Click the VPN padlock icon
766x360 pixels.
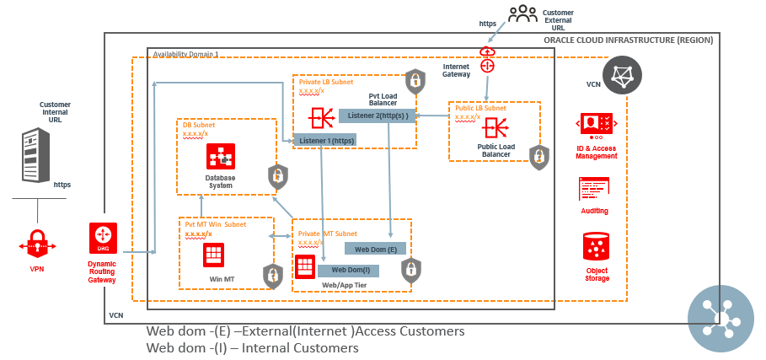[x=36, y=245]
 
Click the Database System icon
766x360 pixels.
[x=220, y=157]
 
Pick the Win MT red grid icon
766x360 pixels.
[x=213, y=254]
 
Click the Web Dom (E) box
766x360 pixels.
[x=376, y=249]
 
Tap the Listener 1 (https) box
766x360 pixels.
[x=324, y=140]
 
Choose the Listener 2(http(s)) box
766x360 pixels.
[x=377, y=116]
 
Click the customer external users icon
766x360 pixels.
[x=522, y=13]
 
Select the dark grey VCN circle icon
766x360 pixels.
[x=622, y=75]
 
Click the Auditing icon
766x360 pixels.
[x=594, y=190]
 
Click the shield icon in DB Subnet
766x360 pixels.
[x=277, y=176]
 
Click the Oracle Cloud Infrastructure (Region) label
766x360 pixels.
[x=628, y=40]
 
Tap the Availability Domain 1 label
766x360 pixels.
[x=185, y=54]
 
